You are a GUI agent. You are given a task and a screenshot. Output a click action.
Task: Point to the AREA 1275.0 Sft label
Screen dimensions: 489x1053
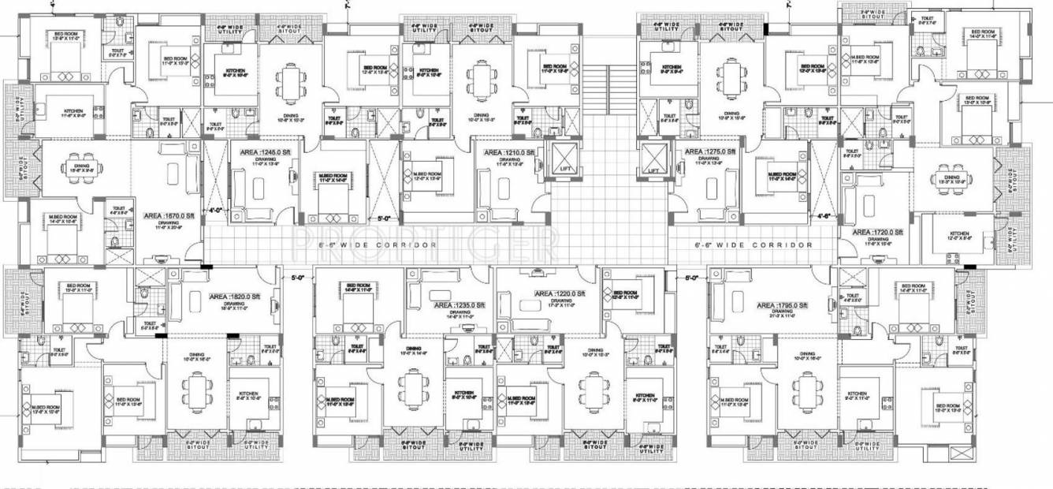coord(709,151)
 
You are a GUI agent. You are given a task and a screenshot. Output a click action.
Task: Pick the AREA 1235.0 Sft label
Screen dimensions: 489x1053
coord(454,304)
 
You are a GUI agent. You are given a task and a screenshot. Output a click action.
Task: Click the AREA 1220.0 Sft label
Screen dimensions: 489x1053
coord(560,293)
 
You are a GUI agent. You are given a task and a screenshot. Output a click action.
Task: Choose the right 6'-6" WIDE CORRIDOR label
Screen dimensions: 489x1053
coord(753,245)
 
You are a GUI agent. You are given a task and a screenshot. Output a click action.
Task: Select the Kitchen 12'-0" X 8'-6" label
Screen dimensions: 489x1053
coord(959,237)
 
